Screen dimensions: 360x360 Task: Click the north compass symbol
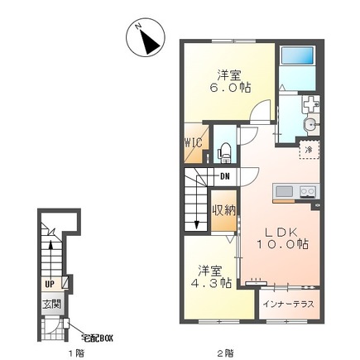[146, 38]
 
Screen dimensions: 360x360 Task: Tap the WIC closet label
[194, 143]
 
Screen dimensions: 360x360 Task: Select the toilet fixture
[224, 152]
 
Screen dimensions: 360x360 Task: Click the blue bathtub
[297, 55]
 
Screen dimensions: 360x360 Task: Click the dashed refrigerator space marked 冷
[310, 149]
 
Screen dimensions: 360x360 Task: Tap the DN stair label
[225, 176]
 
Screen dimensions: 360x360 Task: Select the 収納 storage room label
[224, 211]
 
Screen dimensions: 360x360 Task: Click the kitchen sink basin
[284, 191]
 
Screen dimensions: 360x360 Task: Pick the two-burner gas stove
[308, 191]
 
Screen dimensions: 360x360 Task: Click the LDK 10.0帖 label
[282, 238]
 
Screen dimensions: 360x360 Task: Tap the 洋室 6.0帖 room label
[230, 81]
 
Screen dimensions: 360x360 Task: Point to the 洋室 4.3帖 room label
[211, 276]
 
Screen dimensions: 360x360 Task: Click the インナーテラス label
[288, 305]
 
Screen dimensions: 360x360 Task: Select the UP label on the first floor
[50, 284]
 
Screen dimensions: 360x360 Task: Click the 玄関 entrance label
[51, 305]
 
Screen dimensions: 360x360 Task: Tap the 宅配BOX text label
[97, 338]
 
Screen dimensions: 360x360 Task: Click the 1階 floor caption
[76, 353]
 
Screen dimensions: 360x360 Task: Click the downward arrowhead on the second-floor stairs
[197, 225]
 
